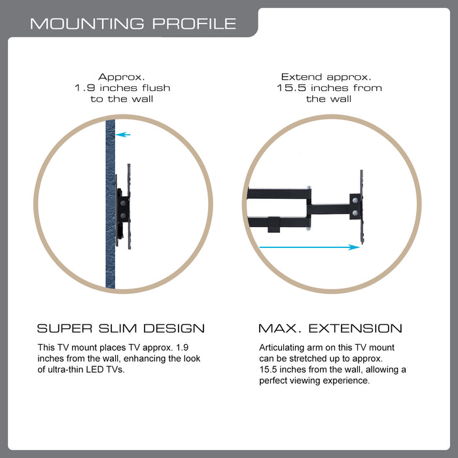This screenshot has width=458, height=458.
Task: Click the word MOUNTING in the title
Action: coord(87,24)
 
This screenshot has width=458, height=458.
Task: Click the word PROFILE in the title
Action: coord(194,24)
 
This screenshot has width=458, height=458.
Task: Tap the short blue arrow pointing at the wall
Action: coord(123,135)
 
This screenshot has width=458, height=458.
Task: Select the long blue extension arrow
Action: coord(309,247)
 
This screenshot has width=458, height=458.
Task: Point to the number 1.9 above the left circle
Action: coord(85,88)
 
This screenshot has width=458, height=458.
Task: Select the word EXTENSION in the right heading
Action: coord(355,328)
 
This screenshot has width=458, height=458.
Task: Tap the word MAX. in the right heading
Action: coord(280,328)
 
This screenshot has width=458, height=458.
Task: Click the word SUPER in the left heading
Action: coord(65,328)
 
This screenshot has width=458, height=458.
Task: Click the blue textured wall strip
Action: coord(111,204)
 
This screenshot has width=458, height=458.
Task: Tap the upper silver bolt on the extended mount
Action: coord(355,201)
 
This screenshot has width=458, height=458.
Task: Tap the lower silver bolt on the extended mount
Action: coord(355,213)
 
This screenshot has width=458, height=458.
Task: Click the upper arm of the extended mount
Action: coord(279,194)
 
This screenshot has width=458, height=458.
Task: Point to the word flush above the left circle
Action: coord(156,88)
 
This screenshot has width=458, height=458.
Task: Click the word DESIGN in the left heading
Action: coord(174,328)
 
